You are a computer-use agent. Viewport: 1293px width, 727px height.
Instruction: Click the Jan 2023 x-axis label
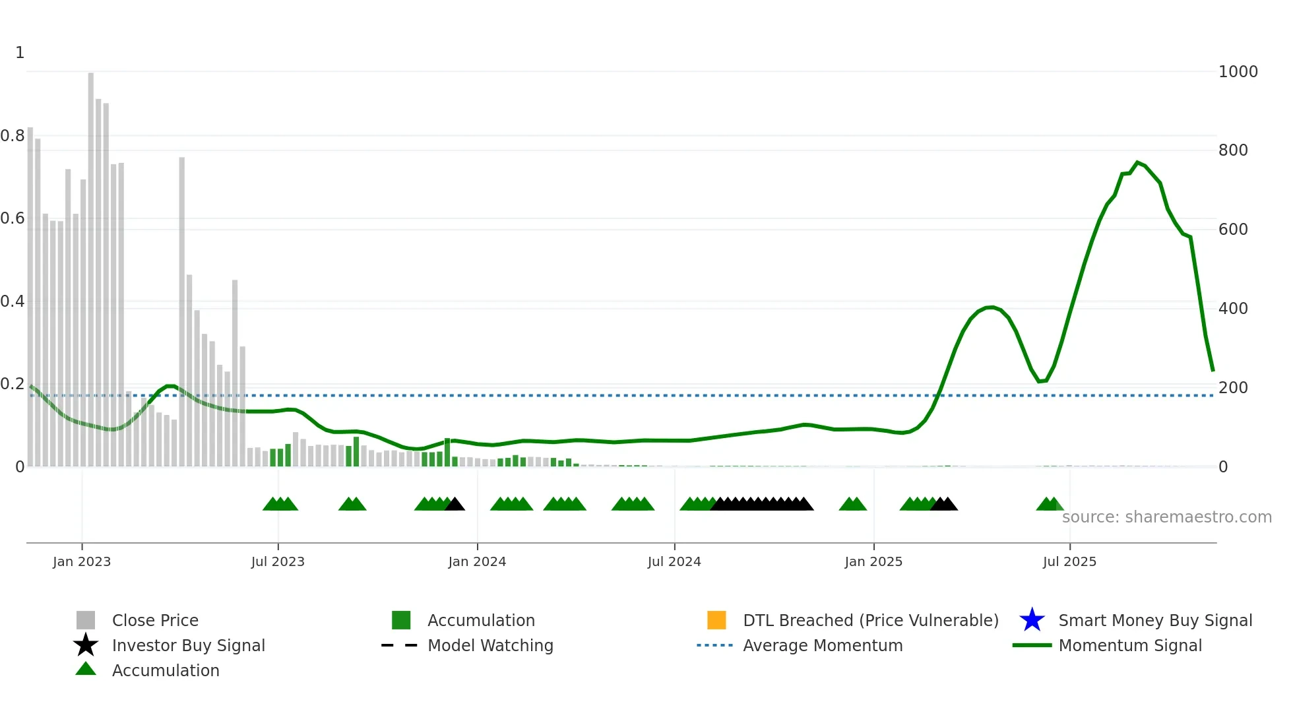(x=82, y=561)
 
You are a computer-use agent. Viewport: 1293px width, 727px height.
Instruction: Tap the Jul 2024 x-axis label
(x=674, y=561)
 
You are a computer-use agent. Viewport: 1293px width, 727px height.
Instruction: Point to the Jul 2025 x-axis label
(x=1069, y=561)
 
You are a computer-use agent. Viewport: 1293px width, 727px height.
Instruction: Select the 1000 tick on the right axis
(x=1238, y=71)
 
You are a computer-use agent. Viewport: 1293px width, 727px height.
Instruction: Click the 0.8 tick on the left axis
(x=13, y=136)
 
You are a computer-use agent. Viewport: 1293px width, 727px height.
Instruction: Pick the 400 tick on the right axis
(x=1233, y=308)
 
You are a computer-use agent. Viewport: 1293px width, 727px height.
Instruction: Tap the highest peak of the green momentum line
(x=1137, y=162)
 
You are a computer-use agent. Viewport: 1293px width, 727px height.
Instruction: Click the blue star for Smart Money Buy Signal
(x=1032, y=620)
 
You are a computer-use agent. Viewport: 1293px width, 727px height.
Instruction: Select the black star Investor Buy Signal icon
(x=86, y=645)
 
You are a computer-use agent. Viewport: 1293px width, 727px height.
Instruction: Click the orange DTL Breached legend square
(x=716, y=620)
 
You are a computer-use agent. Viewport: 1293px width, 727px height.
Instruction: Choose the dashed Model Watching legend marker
(x=400, y=645)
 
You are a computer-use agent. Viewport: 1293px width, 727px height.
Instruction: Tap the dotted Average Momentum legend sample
(x=715, y=645)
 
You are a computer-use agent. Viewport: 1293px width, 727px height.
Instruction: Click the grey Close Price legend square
(x=86, y=620)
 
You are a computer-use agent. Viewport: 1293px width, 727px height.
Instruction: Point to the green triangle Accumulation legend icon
(x=86, y=669)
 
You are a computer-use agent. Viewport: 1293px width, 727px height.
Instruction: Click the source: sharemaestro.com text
(x=1166, y=517)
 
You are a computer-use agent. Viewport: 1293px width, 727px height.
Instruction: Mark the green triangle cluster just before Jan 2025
(x=852, y=505)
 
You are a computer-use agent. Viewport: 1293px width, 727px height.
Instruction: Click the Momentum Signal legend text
(x=1129, y=645)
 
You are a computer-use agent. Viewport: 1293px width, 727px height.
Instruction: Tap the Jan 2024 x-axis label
(x=477, y=561)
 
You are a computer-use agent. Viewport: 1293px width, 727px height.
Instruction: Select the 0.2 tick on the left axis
(x=13, y=384)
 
